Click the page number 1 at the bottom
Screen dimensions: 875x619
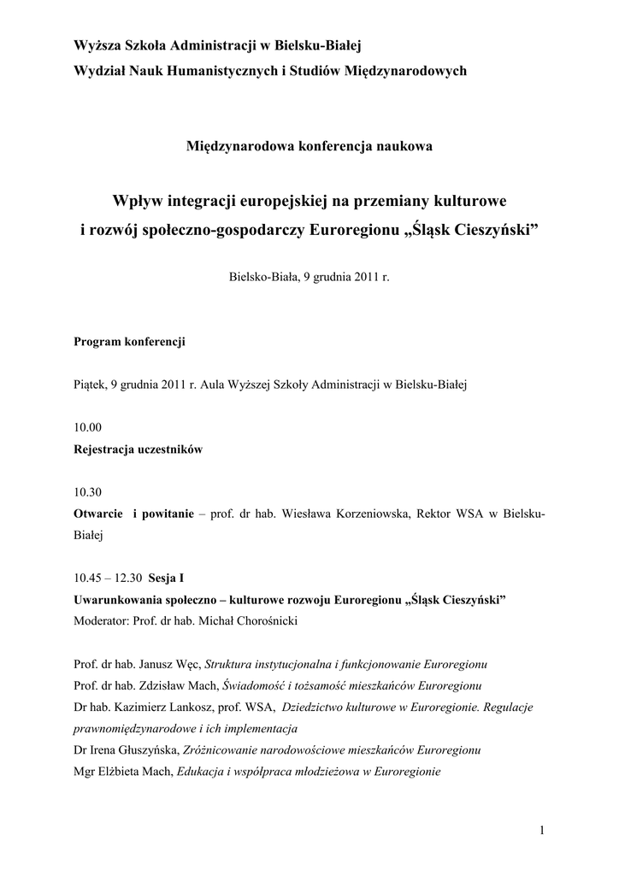pyautogui.click(x=542, y=830)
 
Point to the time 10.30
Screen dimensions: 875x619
pyautogui.click(x=88, y=492)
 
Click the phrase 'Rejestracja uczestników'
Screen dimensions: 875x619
pyautogui.click(x=139, y=449)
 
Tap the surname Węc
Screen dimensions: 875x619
pyautogui.click(x=188, y=664)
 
